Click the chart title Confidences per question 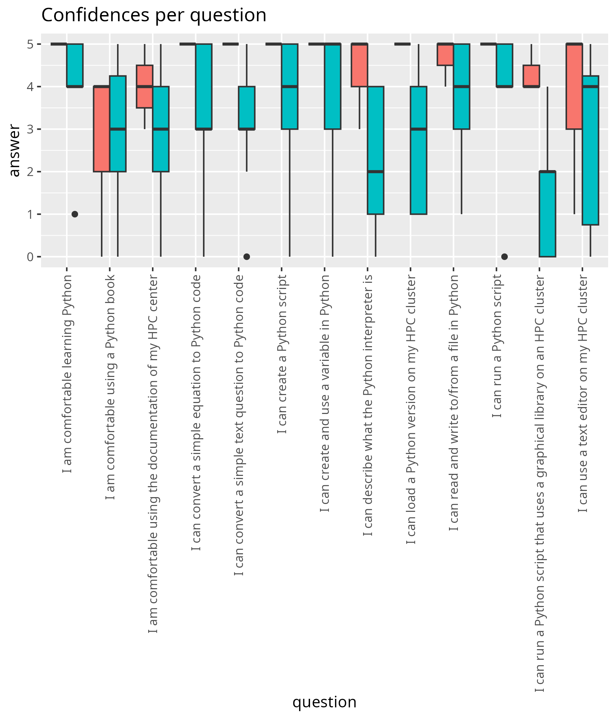click(x=154, y=16)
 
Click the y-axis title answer click(x=15, y=150)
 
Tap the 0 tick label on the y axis click(x=30, y=257)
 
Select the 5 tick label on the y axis click(x=30, y=44)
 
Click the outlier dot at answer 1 click(x=75, y=214)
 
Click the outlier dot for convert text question click(x=247, y=257)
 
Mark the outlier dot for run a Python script click(x=505, y=257)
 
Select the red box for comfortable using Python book click(x=101, y=129)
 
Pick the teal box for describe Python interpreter click(x=376, y=150)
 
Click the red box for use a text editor click(x=574, y=86)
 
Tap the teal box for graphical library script click(x=548, y=214)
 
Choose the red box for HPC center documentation click(x=145, y=86)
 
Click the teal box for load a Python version click(x=419, y=150)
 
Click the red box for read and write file click(x=445, y=54)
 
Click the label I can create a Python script click(x=282, y=354)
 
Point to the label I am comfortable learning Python click(x=67, y=374)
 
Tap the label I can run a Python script click(x=497, y=346)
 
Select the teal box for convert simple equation click(x=204, y=86)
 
